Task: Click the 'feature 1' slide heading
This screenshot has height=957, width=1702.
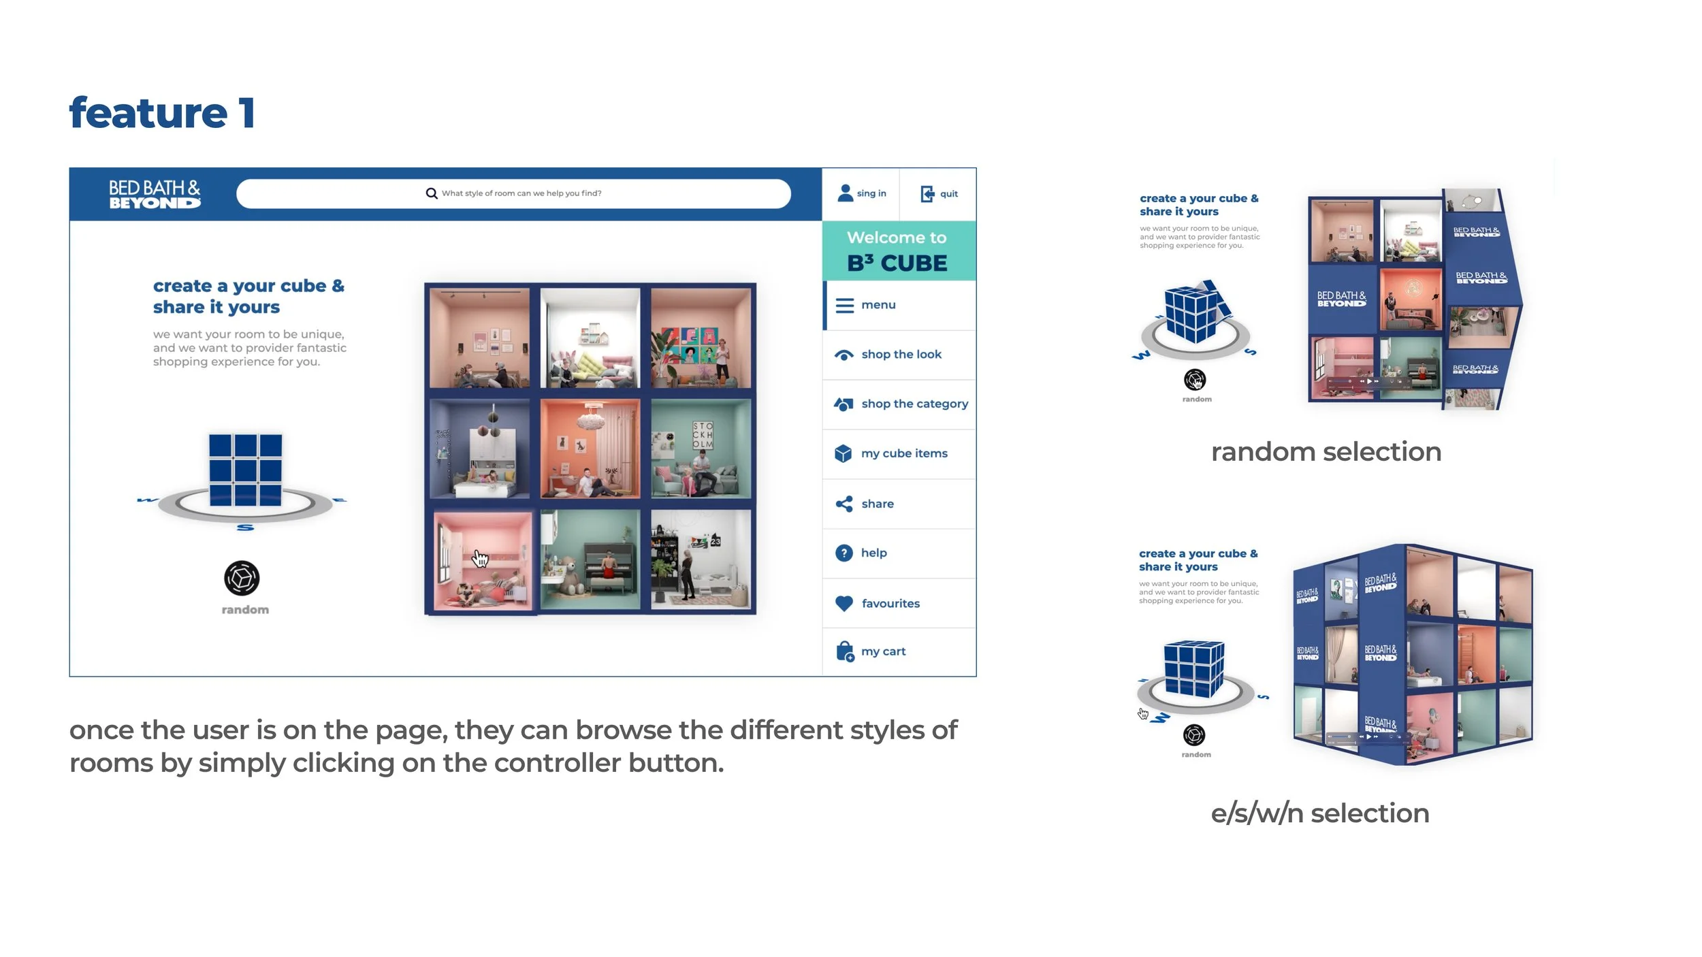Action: [x=162, y=113]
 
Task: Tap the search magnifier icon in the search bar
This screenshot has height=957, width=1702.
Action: [x=432, y=193]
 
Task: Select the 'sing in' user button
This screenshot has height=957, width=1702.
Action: [x=861, y=193]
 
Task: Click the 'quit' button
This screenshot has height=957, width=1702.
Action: [x=940, y=194]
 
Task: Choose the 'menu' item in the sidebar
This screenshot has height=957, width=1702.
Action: [x=878, y=305]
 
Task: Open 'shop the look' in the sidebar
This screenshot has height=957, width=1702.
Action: [x=901, y=355]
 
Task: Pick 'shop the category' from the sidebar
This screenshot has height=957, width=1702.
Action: [x=914, y=404]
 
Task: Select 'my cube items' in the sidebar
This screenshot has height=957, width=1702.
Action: [x=903, y=453]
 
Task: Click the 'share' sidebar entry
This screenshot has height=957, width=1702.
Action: [x=877, y=504]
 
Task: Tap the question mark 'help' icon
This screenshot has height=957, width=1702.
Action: [x=844, y=553]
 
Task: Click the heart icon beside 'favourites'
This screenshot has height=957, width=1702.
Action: [x=844, y=603]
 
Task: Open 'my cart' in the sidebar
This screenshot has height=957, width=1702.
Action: [x=882, y=651]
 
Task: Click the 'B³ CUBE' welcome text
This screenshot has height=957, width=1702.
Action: [x=897, y=263]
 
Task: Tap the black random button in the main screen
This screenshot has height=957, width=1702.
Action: [x=242, y=579]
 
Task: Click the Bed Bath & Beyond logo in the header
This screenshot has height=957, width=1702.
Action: [x=155, y=194]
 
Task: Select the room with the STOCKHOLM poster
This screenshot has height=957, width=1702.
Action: [x=701, y=449]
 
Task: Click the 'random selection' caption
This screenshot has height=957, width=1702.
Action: [x=1326, y=452]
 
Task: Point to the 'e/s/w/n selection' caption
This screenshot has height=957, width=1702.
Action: [x=1319, y=813]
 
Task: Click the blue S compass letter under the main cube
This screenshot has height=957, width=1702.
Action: [x=245, y=528]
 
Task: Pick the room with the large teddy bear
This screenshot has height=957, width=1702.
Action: [x=590, y=560]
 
